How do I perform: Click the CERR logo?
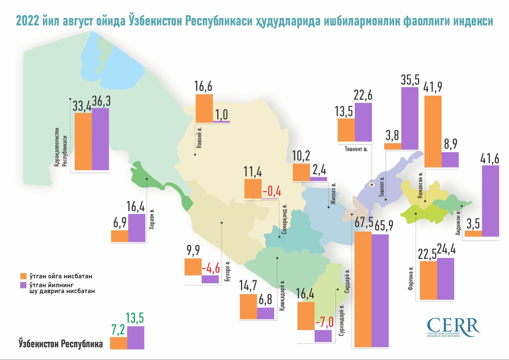click(x=453, y=327)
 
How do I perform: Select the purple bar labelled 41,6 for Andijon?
click(x=491, y=201)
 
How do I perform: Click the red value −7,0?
click(x=323, y=322)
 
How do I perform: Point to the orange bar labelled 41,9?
click(x=433, y=131)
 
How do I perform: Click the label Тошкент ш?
click(x=356, y=149)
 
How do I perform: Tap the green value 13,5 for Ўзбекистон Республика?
click(x=135, y=318)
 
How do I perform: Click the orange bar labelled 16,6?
click(x=204, y=108)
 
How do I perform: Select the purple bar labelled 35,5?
click(x=410, y=118)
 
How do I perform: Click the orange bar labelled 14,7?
click(x=248, y=306)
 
